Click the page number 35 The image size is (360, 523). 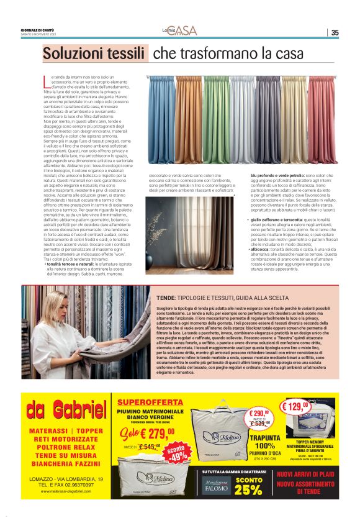pyautogui.click(x=335, y=33)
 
